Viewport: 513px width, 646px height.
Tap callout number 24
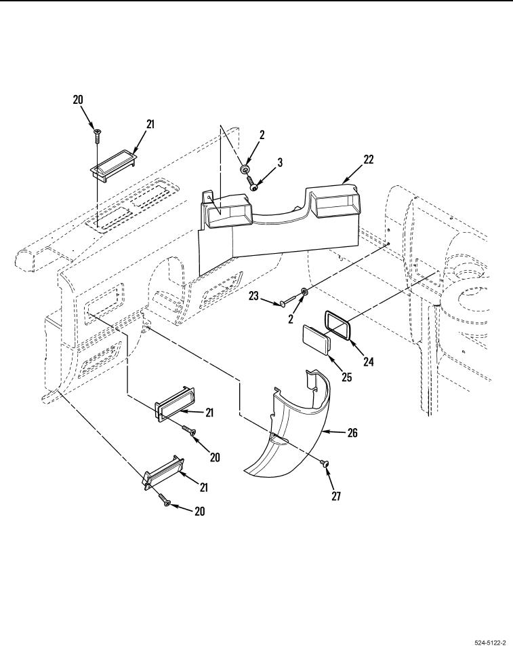(368, 362)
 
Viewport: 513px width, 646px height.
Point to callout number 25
(346, 377)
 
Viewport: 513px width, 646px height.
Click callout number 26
(352, 432)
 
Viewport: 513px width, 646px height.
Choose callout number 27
(336, 496)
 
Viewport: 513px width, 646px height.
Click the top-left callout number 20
(78, 99)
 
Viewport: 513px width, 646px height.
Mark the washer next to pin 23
(304, 291)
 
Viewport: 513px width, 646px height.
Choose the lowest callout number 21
(203, 487)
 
